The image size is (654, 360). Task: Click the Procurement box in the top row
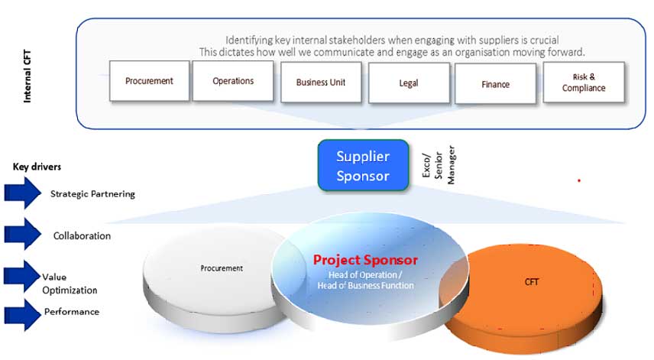(149, 81)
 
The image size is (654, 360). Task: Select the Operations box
(233, 81)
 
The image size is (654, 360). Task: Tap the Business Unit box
(322, 83)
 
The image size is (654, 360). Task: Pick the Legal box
(409, 83)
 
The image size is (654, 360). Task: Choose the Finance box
(495, 84)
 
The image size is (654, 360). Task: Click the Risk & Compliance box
(584, 83)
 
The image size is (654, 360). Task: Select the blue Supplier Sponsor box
(363, 165)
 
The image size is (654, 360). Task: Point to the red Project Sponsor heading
(365, 260)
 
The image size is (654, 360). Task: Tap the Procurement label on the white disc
(222, 268)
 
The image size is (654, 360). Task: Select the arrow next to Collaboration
(23, 234)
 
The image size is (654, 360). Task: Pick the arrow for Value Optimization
(22, 276)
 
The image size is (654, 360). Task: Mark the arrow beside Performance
(22, 313)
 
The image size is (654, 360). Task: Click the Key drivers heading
(37, 167)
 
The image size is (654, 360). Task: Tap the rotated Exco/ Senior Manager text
(439, 164)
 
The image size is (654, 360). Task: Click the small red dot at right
(579, 180)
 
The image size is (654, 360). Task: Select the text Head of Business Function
(365, 286)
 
